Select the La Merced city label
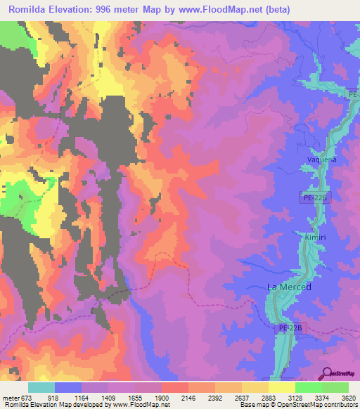(x=289, y=287)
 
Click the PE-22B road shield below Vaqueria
(x=318, y=199)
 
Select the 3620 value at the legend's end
(x=349, y=397)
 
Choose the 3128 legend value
(x=295, y=397)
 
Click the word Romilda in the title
(x=28, y=11)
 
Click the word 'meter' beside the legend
(x=11, y=397)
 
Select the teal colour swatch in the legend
(x=41, y=387)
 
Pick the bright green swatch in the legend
(x=308, y=387)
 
